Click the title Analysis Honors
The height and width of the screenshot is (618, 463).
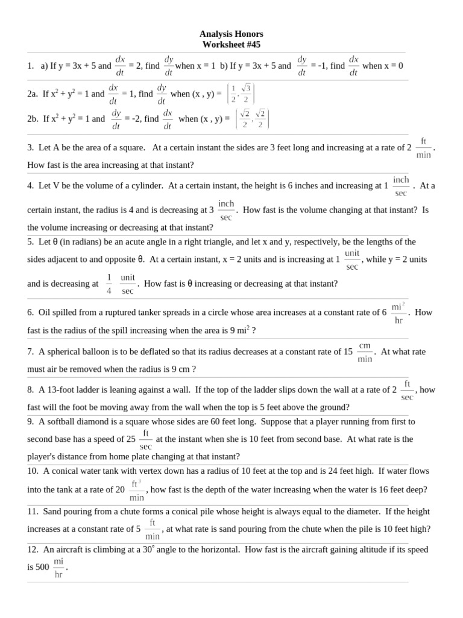point(231,34)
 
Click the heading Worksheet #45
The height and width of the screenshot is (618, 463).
point(231,45)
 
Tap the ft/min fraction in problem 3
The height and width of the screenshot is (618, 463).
point(423,148)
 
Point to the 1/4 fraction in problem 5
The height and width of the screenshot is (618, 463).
point(109,284)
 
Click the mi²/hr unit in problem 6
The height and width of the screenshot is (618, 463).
point(398,313)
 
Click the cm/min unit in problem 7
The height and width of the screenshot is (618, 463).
point(365,352)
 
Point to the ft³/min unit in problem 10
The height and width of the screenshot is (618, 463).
point(136,490)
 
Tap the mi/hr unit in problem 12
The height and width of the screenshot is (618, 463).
point(58,568)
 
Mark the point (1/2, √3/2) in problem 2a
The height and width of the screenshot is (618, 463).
point(241,94)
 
